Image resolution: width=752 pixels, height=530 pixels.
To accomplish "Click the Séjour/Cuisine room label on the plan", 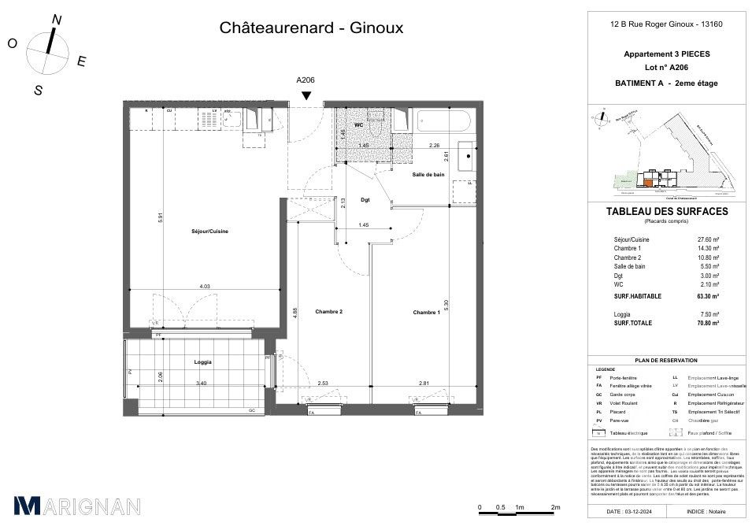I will (x=209, y=231).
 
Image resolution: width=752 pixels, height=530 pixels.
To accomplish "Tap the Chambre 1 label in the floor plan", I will (x=425, y=313).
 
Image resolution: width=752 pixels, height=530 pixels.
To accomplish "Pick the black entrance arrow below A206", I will (x=306, y=96).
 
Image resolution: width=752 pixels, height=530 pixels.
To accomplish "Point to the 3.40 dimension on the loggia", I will (x=201, y=384).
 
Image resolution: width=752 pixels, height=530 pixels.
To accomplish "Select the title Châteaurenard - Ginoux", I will (x=310, y=28).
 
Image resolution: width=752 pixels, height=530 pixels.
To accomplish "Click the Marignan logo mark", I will (x=27, y=506).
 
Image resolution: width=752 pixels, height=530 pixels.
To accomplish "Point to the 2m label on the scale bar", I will (x=554, y=506).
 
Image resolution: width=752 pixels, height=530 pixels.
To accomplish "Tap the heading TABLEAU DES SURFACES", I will (x=666, y=212).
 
